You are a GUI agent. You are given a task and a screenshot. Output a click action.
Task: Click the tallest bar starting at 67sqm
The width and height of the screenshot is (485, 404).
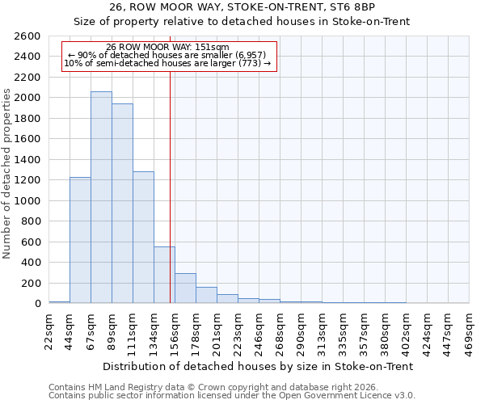[101, 197]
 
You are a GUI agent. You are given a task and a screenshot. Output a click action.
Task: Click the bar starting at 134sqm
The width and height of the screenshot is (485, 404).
[164, 275]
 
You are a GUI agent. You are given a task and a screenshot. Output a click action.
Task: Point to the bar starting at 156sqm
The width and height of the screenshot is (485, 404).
[185, 288]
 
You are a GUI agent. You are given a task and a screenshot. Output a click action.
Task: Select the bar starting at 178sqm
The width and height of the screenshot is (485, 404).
[206, 295]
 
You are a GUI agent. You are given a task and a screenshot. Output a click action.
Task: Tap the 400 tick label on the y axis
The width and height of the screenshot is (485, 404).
[33, 263]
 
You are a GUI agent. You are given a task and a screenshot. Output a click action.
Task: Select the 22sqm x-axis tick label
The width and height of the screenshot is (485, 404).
[49, 330]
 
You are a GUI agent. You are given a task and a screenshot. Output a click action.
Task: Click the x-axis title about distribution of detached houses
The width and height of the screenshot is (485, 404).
[259, 366]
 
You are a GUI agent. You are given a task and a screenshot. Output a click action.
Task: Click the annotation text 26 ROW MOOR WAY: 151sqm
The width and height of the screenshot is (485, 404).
[168, 48]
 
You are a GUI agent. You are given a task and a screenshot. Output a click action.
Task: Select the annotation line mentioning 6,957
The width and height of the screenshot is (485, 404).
[168, 55]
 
